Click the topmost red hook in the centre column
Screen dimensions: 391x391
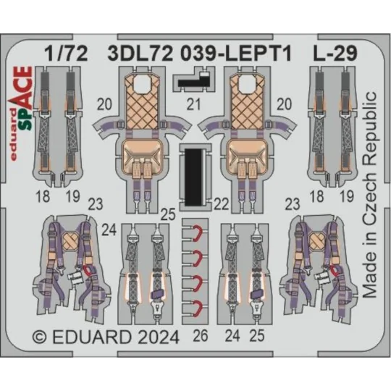click(195, 232)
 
